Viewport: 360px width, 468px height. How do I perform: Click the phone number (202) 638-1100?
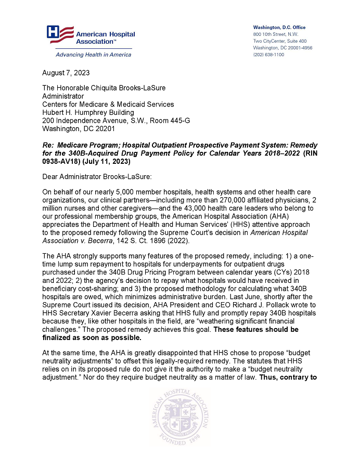(x=268, y=55)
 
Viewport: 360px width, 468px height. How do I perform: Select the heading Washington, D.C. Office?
(x=279, y=28)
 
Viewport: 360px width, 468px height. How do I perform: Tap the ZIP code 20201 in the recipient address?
(x=105, y=128)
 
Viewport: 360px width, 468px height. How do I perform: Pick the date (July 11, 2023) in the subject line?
(x=107, y=161)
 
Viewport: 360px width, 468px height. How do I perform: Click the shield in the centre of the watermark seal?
(x=180, y=415)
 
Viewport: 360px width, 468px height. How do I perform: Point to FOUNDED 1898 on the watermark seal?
(x=180, y=440)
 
